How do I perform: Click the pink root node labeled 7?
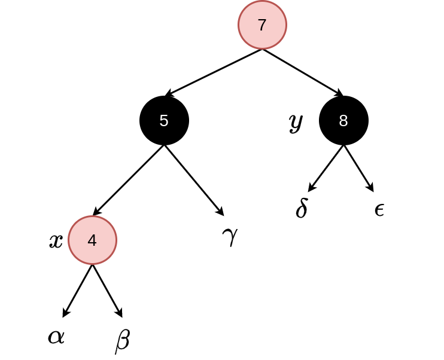tap(262, 25)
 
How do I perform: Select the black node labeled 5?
tap(164, 121)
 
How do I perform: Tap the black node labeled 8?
tap(343, 121)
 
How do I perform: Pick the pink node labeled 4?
tap(92, 240)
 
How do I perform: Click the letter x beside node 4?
tap(56, 242)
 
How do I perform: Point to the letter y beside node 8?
tap(296, 123)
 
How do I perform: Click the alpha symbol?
tap(56, 337)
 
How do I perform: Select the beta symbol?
tap(123, 341)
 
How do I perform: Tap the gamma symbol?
tap(230, 237)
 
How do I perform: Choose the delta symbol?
tap(302, 208)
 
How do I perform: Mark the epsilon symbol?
tap(379, 210)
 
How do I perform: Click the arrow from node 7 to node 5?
tap(213, 73)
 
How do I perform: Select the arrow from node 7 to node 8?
tap(303, 73)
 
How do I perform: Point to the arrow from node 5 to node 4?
tap(128, 181)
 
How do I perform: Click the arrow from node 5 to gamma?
tap(194, 181)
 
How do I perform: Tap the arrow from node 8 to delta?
tap(326, 169)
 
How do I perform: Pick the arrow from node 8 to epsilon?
tap(359, 169)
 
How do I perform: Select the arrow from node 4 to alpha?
tap(77, 291)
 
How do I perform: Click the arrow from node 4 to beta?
tap(107, 291)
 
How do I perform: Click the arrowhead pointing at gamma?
tap(220, 212)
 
